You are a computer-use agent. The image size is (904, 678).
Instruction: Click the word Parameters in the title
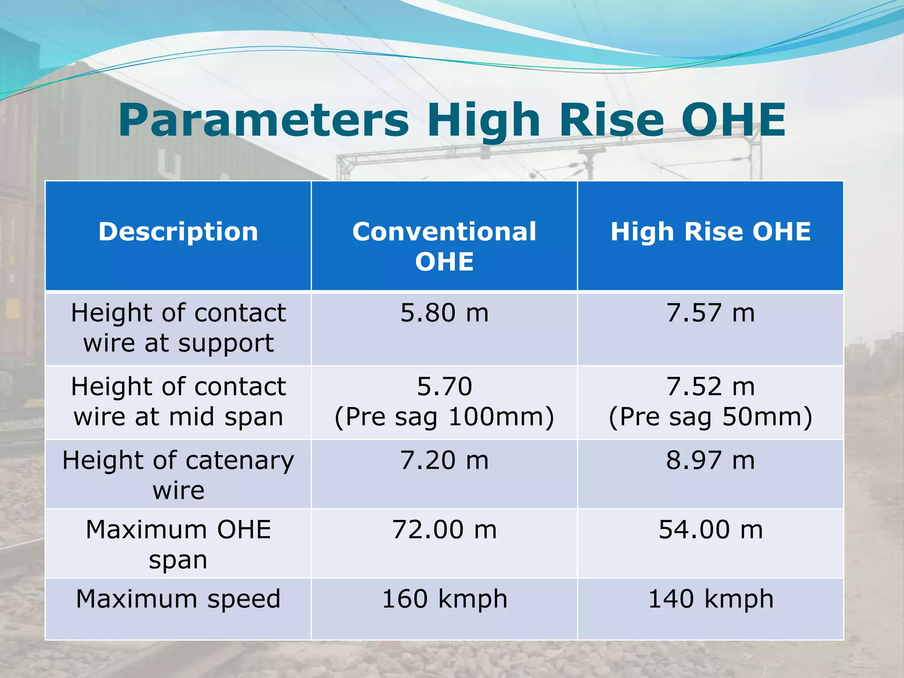pyautogui.click(x=264, y=121)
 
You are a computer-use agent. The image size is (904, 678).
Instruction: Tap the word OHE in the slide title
pyautogui.click(x=733, y=121)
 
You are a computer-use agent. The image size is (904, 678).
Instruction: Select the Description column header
pyautogui.click(x=178, y=232)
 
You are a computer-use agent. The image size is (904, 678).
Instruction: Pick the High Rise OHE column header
pyautogui.click(x=711, y=232)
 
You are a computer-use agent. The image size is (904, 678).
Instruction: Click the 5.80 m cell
pyautogui.click(x=444, y=313)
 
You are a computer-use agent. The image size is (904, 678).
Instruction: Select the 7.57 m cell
pyautogui.click(x=711, y=313)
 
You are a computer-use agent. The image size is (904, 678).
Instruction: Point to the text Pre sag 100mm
pyautogui.click(x=444, y=417)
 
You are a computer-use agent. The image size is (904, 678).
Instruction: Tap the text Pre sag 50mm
pyautogui.click(x=711, y=417)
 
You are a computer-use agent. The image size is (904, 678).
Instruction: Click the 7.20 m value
pyautogui.click(x=444, y=460)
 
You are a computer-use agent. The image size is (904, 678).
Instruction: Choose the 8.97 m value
pyautogui.click(x=711, y=460)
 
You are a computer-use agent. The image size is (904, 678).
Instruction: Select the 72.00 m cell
pyautogui.click(x=444, y=530)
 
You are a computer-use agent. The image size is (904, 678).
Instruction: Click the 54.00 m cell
pyautogui.click(x=711, y=530)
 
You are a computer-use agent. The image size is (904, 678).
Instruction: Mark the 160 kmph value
pyautogui.click(x=444, y=599)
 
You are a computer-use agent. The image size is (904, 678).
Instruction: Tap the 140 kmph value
pyautogui.click(x=711, y=599)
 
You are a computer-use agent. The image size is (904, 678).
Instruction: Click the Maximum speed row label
pyautogui.click(x=178, y=599)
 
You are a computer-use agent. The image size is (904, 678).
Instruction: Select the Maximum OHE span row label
pyautogui.click(x=178, y=544)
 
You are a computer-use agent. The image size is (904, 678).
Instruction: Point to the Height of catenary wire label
pyautogui.click(x=178, y=475)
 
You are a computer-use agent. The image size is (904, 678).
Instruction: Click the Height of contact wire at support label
pyautogui.click(x=178, y=328)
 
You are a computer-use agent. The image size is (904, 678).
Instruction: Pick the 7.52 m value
pyautogui.click(x=711, y=387)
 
